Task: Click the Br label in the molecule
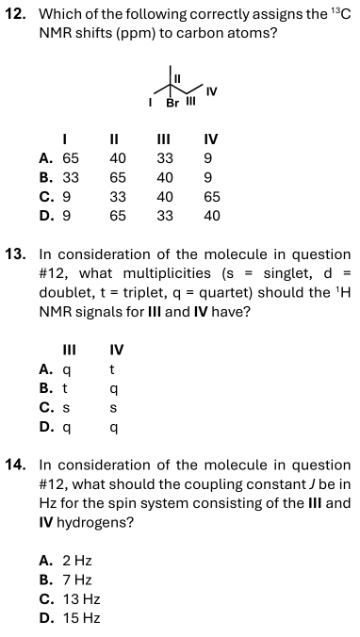pyautogui.click(x=172, y=102)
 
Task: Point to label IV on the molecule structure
pyautogui.click(x=212, y=90)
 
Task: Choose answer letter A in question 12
pyautogui.click(x=45, y=159)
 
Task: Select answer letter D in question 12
pyautogui.click(x=45, y=215)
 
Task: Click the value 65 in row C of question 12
pyautogui.click(x=211, y=197)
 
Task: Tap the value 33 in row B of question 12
pyautogui.click(x=71, y=178)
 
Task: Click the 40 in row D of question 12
pyautogui.click(x=211, y=215)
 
